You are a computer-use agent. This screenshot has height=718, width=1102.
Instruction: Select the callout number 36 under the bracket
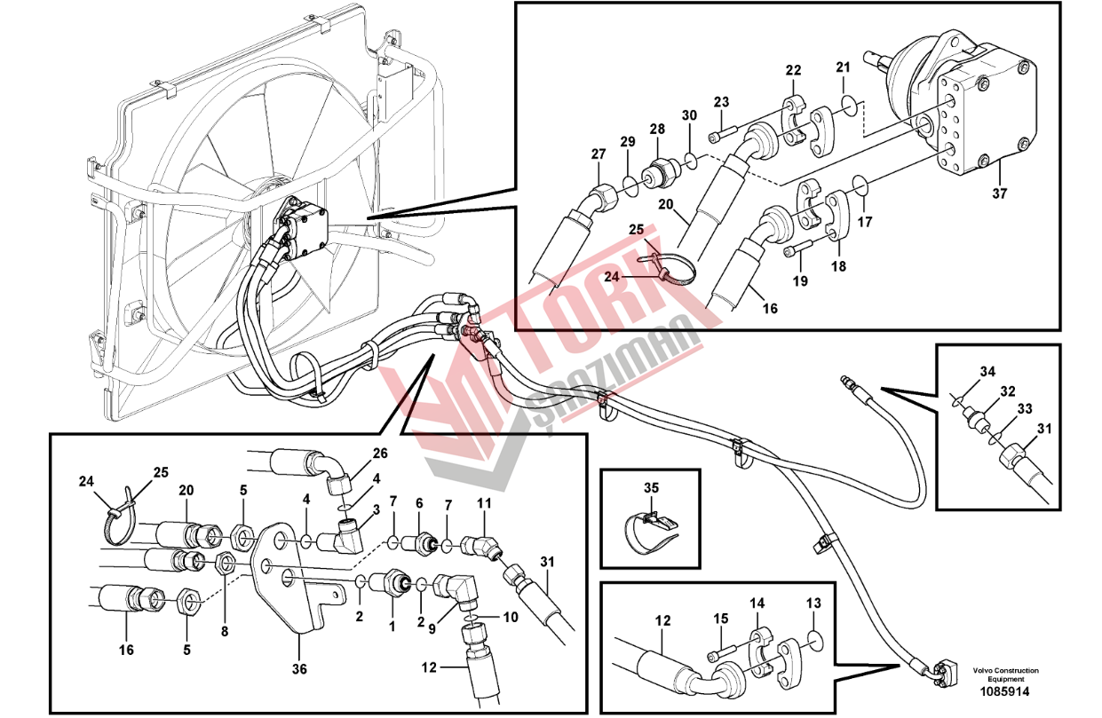(299, 669)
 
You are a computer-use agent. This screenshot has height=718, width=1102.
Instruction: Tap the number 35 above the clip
(652, 487)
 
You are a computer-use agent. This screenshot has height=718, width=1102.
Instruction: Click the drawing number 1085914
(1004, 690)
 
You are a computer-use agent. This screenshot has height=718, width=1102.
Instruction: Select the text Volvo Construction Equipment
(1004, 675)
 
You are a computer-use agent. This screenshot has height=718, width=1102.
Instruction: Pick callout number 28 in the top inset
(656, 130)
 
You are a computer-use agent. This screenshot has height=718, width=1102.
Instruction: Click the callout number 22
(793, 70)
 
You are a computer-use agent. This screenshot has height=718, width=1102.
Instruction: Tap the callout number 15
(721, 618)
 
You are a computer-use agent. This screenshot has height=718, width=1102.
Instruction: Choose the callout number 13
(814, 604)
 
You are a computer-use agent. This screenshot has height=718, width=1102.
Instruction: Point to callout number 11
(484, 503)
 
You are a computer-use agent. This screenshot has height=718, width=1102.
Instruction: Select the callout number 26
(380, 454)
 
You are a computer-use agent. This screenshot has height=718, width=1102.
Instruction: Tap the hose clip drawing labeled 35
(652, 527)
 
